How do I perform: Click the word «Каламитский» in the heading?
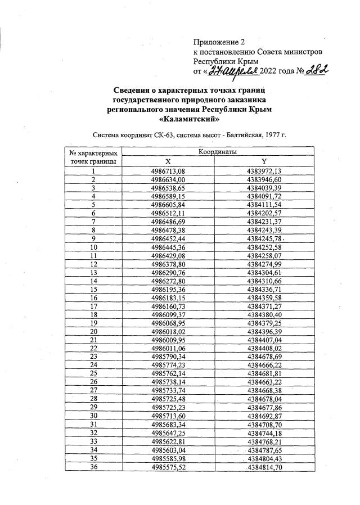[x=188, y=119]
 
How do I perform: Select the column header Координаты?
[x=218, y=152]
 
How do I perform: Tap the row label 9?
[x=93, y=238]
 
